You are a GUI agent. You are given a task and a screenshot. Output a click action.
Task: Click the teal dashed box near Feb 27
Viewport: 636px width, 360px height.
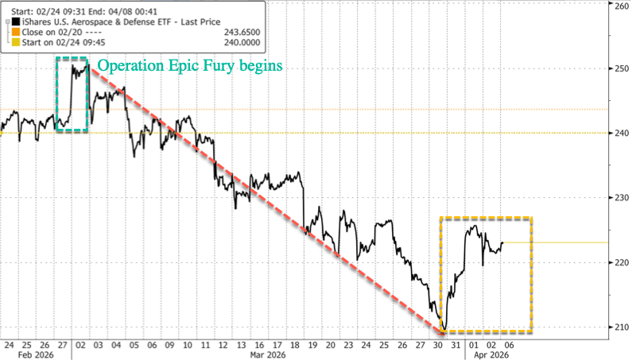(x=72, y=94)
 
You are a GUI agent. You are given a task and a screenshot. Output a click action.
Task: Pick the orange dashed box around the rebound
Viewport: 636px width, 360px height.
(x=486, y=274)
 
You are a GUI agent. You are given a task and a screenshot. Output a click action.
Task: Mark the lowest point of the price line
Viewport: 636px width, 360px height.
(x=444, y=327)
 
